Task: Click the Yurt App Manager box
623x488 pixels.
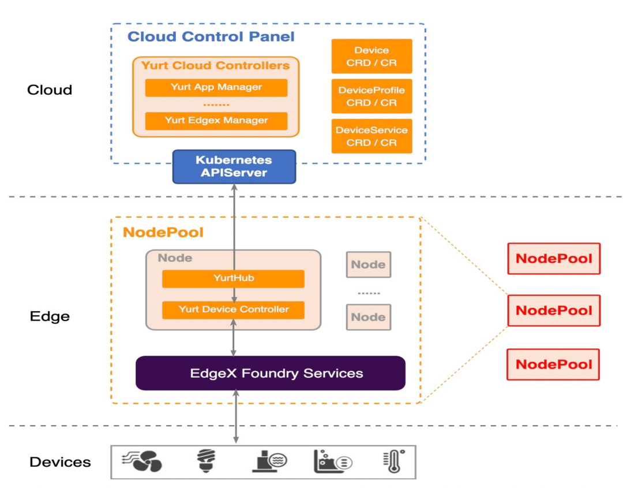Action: click(x=216, y=88)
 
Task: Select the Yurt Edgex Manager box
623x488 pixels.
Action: click(x=216, y=121)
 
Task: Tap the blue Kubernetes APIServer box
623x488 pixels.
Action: click(x=234, y=166)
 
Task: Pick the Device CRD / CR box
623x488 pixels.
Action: click(x=371, y=57)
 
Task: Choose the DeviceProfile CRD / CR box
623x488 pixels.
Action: click(x=371, y=96)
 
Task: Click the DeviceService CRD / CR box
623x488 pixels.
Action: click(x=371, y=136)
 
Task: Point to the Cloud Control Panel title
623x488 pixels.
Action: click(x=211, y=37)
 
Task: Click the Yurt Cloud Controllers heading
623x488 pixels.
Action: click(x=215, y=65)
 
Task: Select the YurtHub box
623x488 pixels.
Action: click(x=233, y=278)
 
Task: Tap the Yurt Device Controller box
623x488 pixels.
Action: click(x=233, y=310)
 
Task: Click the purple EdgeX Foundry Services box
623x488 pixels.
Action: click(x=270, y=373)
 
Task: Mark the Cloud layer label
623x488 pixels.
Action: click(x=50, y=90)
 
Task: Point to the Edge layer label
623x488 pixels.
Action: click(x=50, y=316)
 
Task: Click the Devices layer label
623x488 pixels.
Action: click(x=60, y=462)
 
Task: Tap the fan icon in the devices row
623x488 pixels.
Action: click(x=142, y=461)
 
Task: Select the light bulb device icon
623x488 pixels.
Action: click(x=204, y=461)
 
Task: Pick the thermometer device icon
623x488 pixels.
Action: click(x=393, y=461)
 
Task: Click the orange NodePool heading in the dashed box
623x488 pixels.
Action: click(x=163, y=233)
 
